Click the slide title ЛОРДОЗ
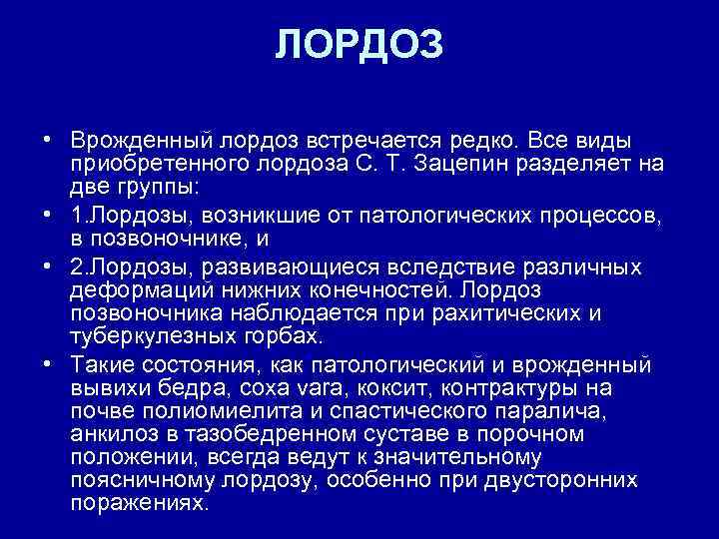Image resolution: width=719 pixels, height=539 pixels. (359, 45)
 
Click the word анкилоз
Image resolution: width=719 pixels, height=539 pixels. (112, 434)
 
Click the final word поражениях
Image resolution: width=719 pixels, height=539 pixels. (142, 503)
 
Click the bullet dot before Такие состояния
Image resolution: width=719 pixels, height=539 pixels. (46, 362)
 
